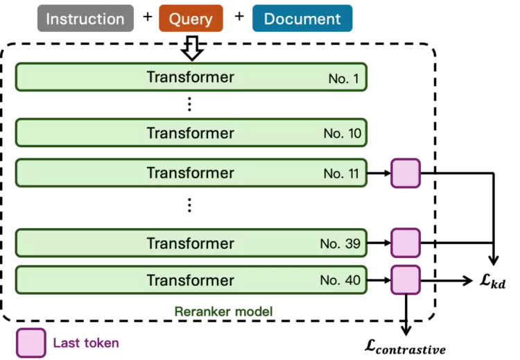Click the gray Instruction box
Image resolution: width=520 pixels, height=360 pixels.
(x=85, y=18)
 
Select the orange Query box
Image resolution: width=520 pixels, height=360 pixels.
(x=191, y=18)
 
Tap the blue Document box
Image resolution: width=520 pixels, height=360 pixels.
(x=302, y=18)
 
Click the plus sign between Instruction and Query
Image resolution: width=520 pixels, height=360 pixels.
(x=148, y=16)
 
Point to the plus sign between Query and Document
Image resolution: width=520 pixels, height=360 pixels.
(x=239, y=16)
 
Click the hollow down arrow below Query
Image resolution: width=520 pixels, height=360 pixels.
(x=192, y=48)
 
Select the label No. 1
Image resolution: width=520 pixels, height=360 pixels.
(x=344, y=78)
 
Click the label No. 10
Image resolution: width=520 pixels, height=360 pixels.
(x=343, y=133)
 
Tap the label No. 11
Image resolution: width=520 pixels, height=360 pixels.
(x=341, y=173)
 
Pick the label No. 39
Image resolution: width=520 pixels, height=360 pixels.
(x=340, y=243)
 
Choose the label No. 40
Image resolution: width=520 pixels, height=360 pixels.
(x=340, y=280)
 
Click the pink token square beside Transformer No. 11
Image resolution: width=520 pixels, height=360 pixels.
(x=406, y=173)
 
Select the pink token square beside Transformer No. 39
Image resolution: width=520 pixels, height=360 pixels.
(x=406, y=243)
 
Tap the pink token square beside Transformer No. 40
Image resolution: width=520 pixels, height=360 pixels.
(x=406, y=280)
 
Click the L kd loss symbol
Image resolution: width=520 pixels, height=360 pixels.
(x=493, y=282)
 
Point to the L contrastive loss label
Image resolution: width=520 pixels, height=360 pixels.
(x=406, y=348)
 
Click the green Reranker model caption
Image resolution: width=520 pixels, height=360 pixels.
(x=223, y=311)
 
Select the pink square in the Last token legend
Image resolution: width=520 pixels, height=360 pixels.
(x=31, y=343)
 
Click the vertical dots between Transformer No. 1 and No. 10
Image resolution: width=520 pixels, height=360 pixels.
(x=189, y=104)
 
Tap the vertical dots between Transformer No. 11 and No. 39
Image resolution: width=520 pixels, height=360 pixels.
(x=189, y=205)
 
